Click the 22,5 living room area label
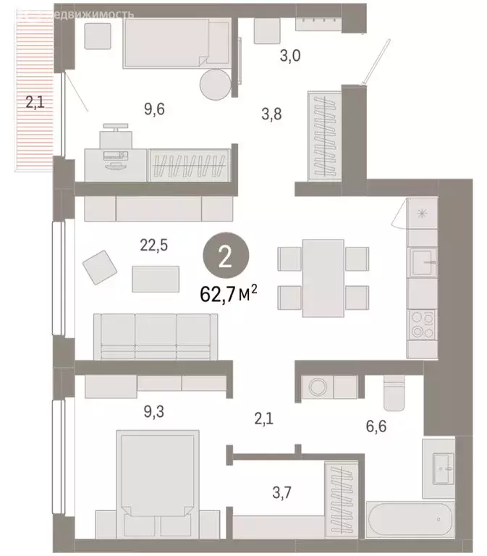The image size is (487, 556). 153,245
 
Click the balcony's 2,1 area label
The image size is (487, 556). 35,103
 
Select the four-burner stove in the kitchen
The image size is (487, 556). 421,324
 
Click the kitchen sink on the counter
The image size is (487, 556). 421,262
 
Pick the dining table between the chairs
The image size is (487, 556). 323,277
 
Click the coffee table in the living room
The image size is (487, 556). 156,279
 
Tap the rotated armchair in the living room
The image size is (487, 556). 100,267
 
